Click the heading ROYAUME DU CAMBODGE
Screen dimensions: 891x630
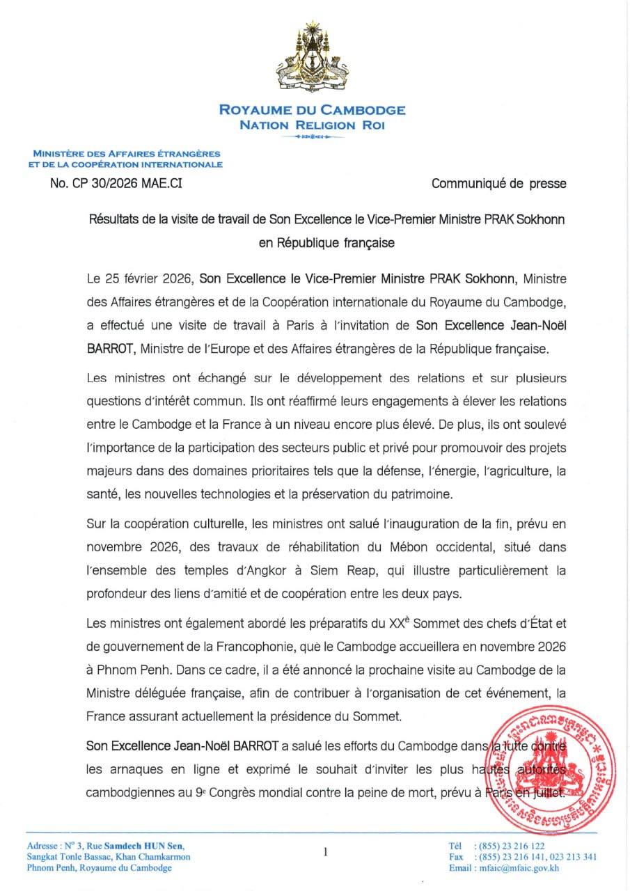(x=313, y=110)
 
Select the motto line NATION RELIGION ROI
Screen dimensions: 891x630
(x=313, y=125)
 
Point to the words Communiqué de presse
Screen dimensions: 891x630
(x=498, y=184)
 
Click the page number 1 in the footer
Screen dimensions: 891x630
(x=324, y=851)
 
